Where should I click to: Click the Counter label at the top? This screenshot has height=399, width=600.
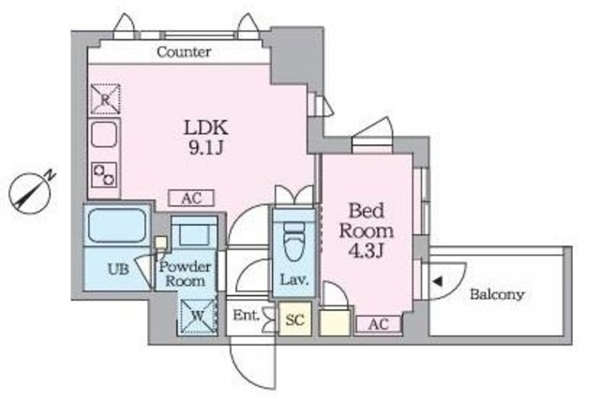point(184,52)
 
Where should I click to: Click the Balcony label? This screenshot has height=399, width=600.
point(497,294)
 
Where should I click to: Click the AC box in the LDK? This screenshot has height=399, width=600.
point(191,198)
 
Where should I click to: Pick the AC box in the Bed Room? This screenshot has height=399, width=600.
point(379,323)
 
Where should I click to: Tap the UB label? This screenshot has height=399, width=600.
point(116,270)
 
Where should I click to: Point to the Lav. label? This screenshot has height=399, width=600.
point(290,278)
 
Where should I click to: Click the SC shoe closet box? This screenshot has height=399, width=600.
point(295,319)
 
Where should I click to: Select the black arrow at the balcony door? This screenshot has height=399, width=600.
point(437,280)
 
